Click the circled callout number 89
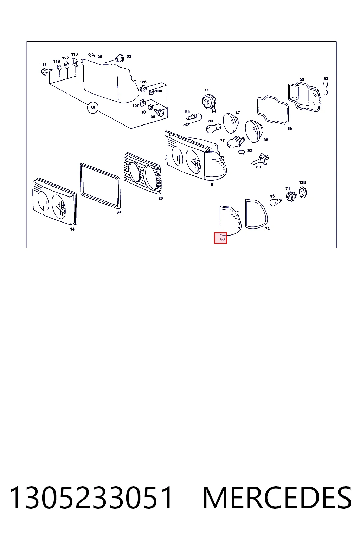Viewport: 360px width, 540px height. (x=93, y=108)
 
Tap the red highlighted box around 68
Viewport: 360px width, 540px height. (x=220, y=238)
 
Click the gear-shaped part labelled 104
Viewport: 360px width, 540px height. (x=152, y=92)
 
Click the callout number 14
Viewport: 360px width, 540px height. (x=72, y=229)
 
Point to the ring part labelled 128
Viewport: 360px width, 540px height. (x=300, y=192)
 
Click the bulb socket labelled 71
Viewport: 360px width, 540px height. (x=291, y=197)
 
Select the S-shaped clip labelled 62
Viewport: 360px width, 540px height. (x=326, y=88)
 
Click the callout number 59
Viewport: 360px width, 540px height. (x=290, y=129)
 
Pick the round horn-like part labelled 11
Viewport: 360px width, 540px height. (x=208, y=102)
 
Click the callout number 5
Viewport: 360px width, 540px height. (x=212, y=185)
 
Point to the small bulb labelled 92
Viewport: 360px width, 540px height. (x=242, y=152)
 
